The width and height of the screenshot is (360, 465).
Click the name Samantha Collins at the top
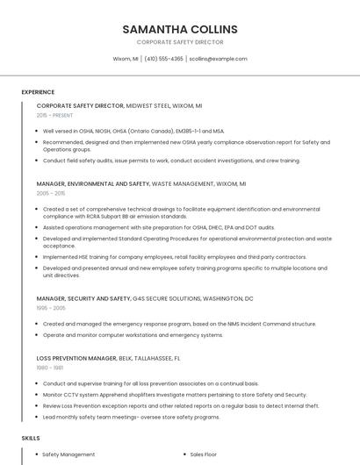pyautogui.click(x=180, y=29)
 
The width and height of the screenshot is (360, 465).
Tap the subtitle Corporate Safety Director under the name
pyautogui.click(x=180, y=42)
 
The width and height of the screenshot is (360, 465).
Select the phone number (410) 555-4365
pyautogui.click(x=164, y=59)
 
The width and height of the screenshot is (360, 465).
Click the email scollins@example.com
pyautogui.click(x=219, y=59)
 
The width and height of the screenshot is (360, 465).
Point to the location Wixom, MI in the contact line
pyautogui.click(x=126, y=59)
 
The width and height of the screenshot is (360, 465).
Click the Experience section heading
pyautogui.click(x=38, y=92)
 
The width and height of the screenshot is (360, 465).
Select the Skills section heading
pyautogui.click(x=31, y=437)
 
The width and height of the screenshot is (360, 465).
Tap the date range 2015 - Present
pyautogui.click(x=55, y=115)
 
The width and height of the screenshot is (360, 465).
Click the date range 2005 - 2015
pyautogui.click(x=51, y=193)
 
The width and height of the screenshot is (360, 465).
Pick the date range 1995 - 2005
pyautogui.click(x=51, y=308)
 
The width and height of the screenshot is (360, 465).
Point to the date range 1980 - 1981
pyautogui.click(x=50, y=368)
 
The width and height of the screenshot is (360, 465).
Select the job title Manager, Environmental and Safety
pyautogui.click(x=92, y=184)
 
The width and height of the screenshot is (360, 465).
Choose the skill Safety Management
pyautogui.click(x=68, y=454)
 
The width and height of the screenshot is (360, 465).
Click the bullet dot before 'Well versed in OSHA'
pyautogui.click(x=37, y=131)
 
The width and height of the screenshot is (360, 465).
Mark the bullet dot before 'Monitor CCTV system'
pyautogui.click(x=37, y=395)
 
